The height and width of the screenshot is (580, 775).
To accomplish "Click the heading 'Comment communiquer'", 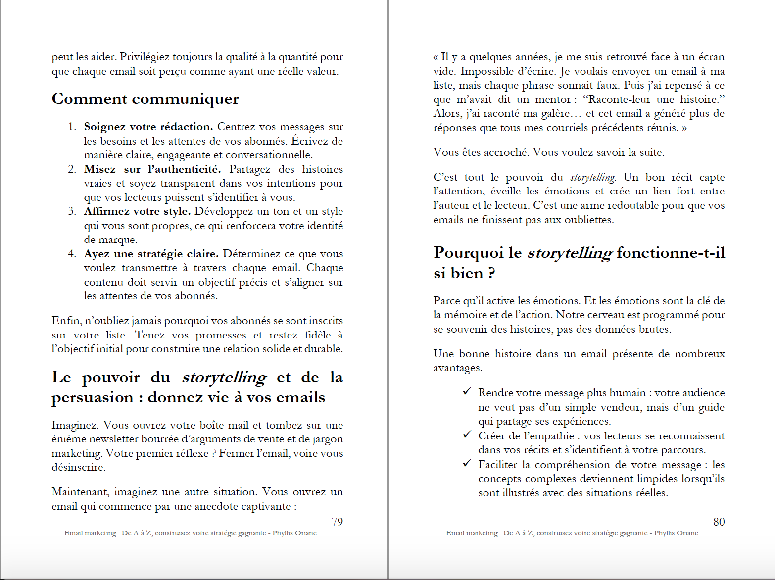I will tap(145, 99).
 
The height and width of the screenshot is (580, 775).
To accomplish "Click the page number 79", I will tap(337, 522).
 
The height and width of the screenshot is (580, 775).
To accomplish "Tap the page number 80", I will tap(719, 522).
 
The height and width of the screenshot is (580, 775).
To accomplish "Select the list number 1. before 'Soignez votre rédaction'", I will tap(72, 127).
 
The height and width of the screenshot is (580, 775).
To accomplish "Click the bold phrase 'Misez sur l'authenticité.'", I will tap(152, 169).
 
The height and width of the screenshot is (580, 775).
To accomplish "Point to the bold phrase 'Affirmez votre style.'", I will tap(137, 211).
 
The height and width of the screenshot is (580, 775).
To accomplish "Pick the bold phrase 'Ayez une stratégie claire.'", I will tap(151, 254).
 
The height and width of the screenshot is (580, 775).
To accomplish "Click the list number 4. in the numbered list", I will tap(72, 254).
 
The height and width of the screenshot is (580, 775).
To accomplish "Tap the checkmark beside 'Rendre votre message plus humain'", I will tap(467, 392).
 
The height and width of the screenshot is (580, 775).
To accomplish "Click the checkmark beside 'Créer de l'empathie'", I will tap(467, 435).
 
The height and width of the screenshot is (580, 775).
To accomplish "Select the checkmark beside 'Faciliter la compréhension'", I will tap(467, 464).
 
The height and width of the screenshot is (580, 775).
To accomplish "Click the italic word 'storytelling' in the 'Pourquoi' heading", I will tap(570, 253).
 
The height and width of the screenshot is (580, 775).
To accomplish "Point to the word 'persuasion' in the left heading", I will tap(93, 398).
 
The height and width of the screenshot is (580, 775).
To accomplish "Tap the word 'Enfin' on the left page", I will tap(66, 321).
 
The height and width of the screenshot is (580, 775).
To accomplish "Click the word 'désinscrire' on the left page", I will tap(78, 467).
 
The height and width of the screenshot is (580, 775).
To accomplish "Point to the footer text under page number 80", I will tap(572, 533).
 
